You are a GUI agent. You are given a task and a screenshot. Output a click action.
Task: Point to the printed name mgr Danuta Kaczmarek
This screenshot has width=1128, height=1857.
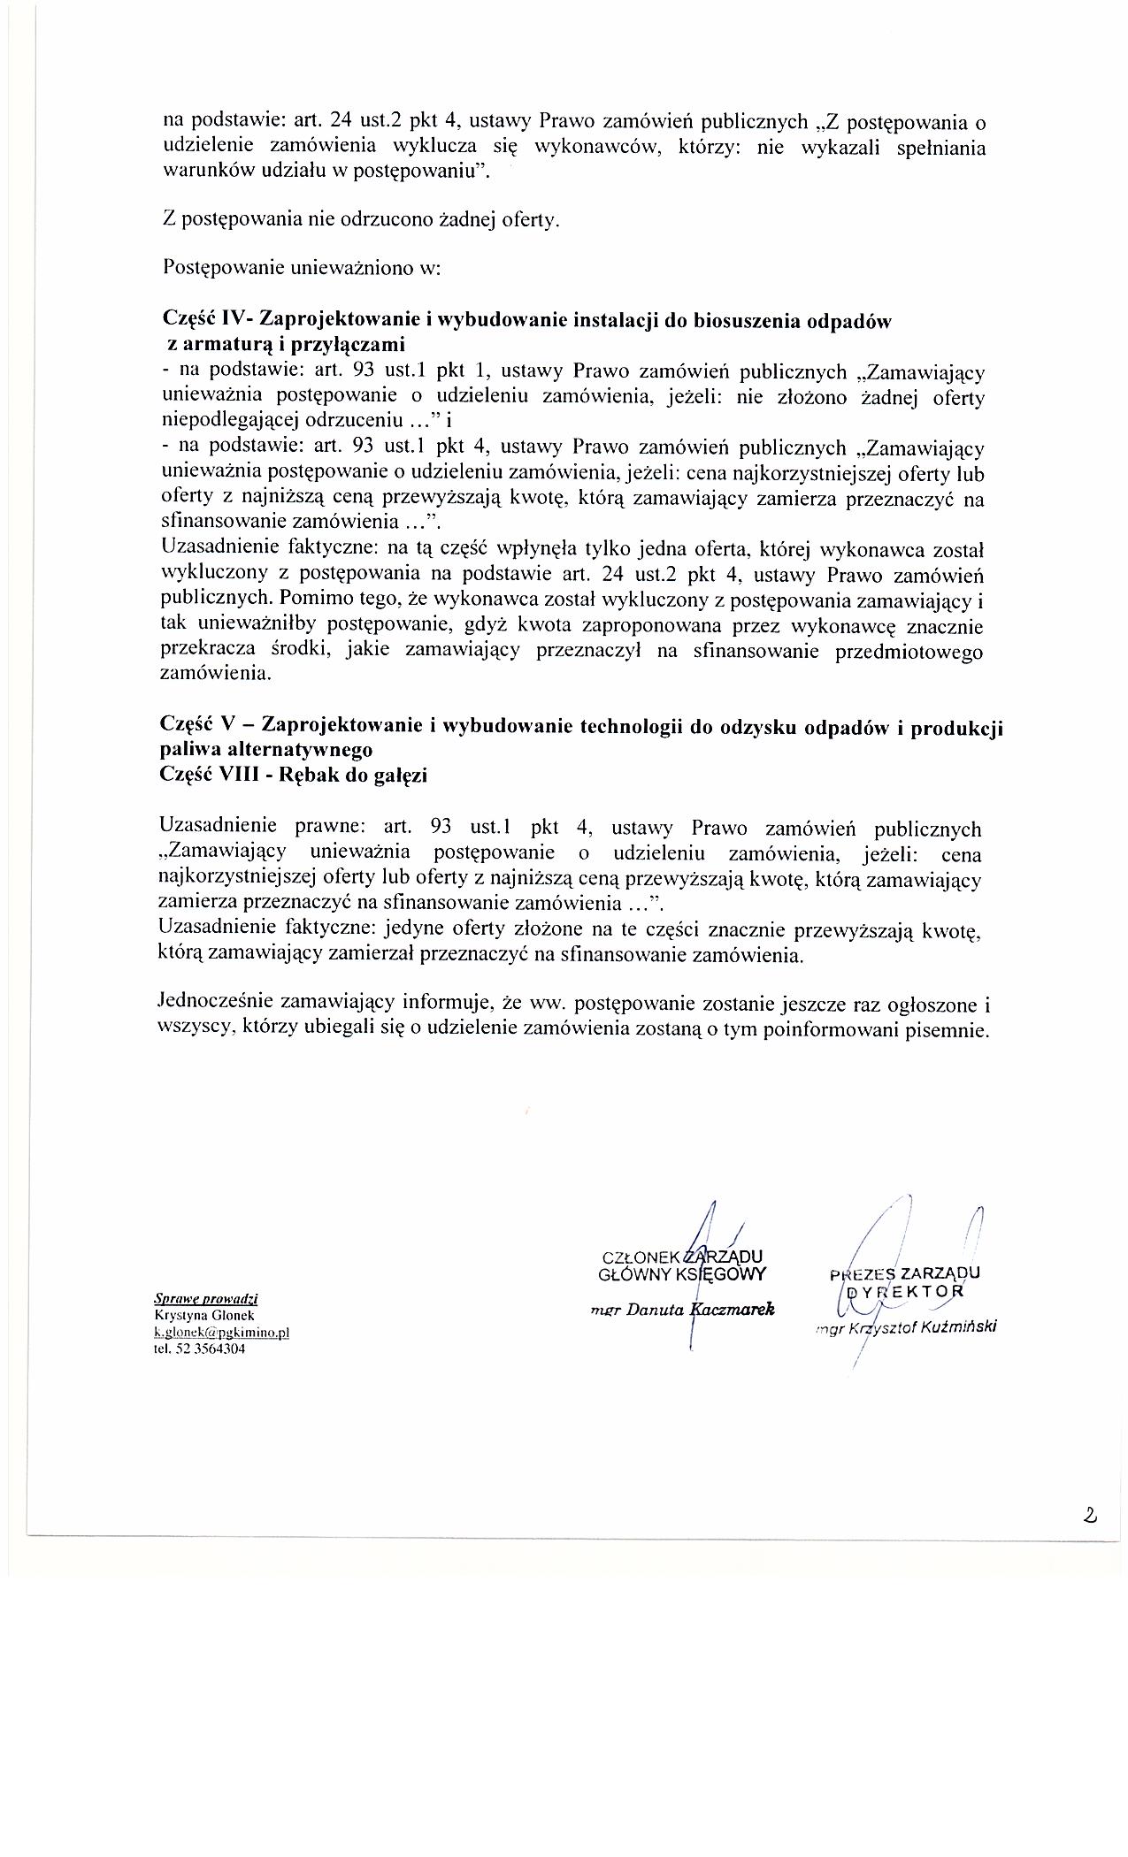[683, 1310]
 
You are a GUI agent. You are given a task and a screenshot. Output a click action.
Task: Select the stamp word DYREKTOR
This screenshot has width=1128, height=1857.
[902, 1292]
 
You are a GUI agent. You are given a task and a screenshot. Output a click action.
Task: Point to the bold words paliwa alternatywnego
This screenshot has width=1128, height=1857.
[266, 751]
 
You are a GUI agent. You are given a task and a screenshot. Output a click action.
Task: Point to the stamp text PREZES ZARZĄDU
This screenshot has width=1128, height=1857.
[904, 1274]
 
